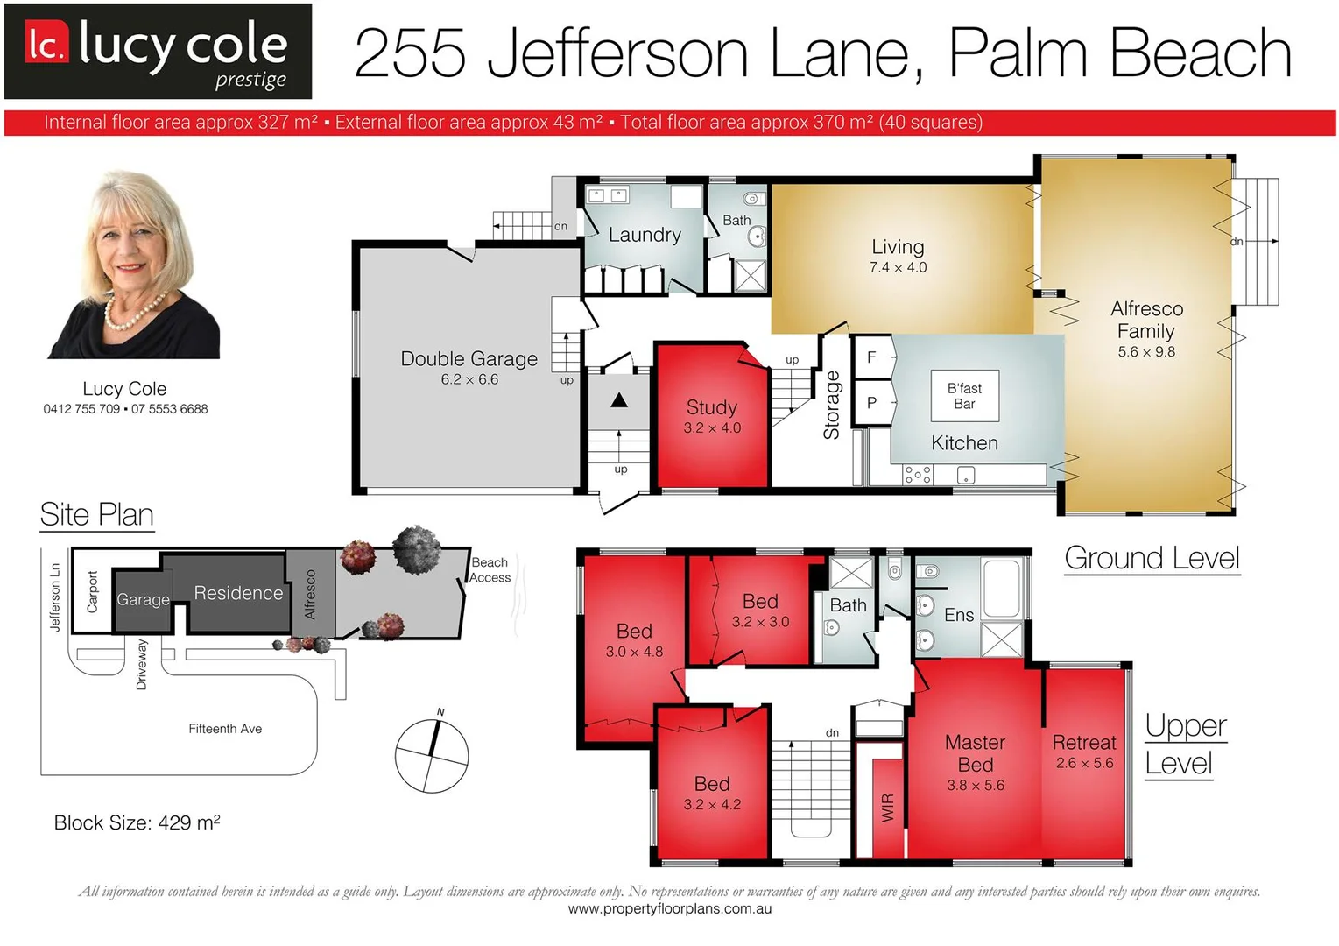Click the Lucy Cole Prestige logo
[158, 51]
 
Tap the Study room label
[711, 407]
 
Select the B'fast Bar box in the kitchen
[963, 396]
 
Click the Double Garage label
[469, 359]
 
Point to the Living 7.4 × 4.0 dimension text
[898, 268]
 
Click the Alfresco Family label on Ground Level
[1146, 320]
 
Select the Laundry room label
[645, 235]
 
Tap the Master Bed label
[975, 753]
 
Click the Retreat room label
[1084, 743]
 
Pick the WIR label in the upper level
[887, 807]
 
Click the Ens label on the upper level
[959, 615]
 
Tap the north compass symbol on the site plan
[432, 756]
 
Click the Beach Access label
[490, 570]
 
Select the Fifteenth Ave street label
[225, 729]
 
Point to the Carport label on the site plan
[93, 592]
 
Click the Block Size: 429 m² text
[137, 822]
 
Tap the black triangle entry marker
[619, 400]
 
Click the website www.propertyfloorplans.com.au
[669, 909]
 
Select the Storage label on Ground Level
[831, 405]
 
